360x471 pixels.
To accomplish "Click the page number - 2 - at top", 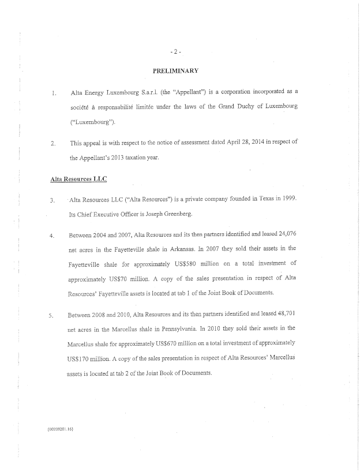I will point(177,51).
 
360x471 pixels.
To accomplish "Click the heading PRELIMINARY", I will point(176,71).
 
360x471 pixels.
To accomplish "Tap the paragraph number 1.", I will point(53,92).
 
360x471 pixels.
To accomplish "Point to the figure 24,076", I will point(286,235).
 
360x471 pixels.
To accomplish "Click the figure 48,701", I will point(284,315).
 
